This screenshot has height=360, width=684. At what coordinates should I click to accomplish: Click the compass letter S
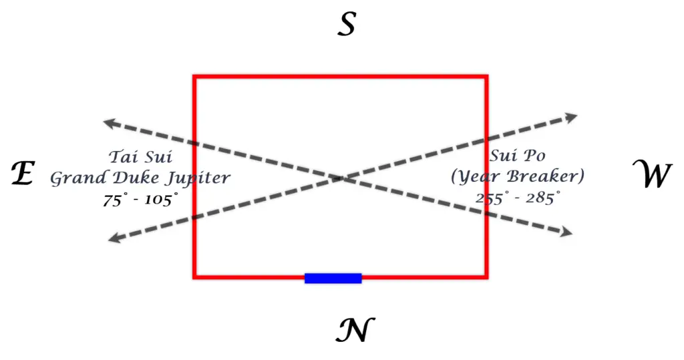[x=346, y=25]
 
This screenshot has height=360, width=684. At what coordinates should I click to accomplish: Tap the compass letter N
[x=355, y=329]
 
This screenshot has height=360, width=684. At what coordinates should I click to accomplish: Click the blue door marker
[x=333, y=278]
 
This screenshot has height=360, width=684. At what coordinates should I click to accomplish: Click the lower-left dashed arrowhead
[x=113, y=238]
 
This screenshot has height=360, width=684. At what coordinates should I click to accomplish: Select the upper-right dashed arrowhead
[x=572, y=117]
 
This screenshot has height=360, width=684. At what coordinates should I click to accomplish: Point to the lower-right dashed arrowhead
[x=567, y=232]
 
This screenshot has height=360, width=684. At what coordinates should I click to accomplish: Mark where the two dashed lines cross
[x=342, y=178]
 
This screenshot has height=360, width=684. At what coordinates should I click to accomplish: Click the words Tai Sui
[x=140, y=158]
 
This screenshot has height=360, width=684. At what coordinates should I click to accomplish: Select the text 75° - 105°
[x=140, y=199]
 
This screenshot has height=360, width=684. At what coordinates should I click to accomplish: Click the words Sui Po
[x=518, y=156]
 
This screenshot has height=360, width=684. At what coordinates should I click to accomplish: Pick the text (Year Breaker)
[x=518, y=177]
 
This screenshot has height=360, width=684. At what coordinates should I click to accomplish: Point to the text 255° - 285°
[x=518, y=198]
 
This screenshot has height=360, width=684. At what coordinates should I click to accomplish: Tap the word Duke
[x=134, y=178]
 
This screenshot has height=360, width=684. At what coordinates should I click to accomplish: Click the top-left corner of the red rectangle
[x=194, y=77]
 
